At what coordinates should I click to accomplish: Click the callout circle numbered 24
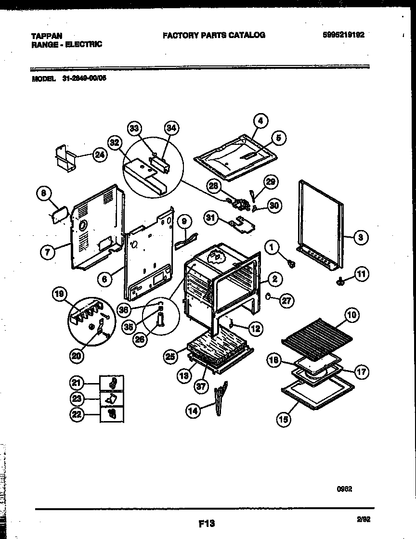click(x=99, y=155)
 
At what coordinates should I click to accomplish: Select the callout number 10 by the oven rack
click(x=351, y=315)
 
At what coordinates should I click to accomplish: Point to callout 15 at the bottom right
click(x=284, y=419)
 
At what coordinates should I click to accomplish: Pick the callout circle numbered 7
click(x=47, y=252)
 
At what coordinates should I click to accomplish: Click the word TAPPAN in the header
click(x=46, y=36)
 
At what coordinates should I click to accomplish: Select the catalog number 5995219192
click(x=343, y=35)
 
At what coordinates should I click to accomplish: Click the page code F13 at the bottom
click(x=206, y=523)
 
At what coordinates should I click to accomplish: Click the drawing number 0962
click(x=344, y=488)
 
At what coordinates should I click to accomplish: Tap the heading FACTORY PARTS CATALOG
click(x=214, y=35)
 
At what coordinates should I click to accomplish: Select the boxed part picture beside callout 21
click(x=112, y=384)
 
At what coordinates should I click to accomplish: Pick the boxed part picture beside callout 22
click(x=112, y=414)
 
